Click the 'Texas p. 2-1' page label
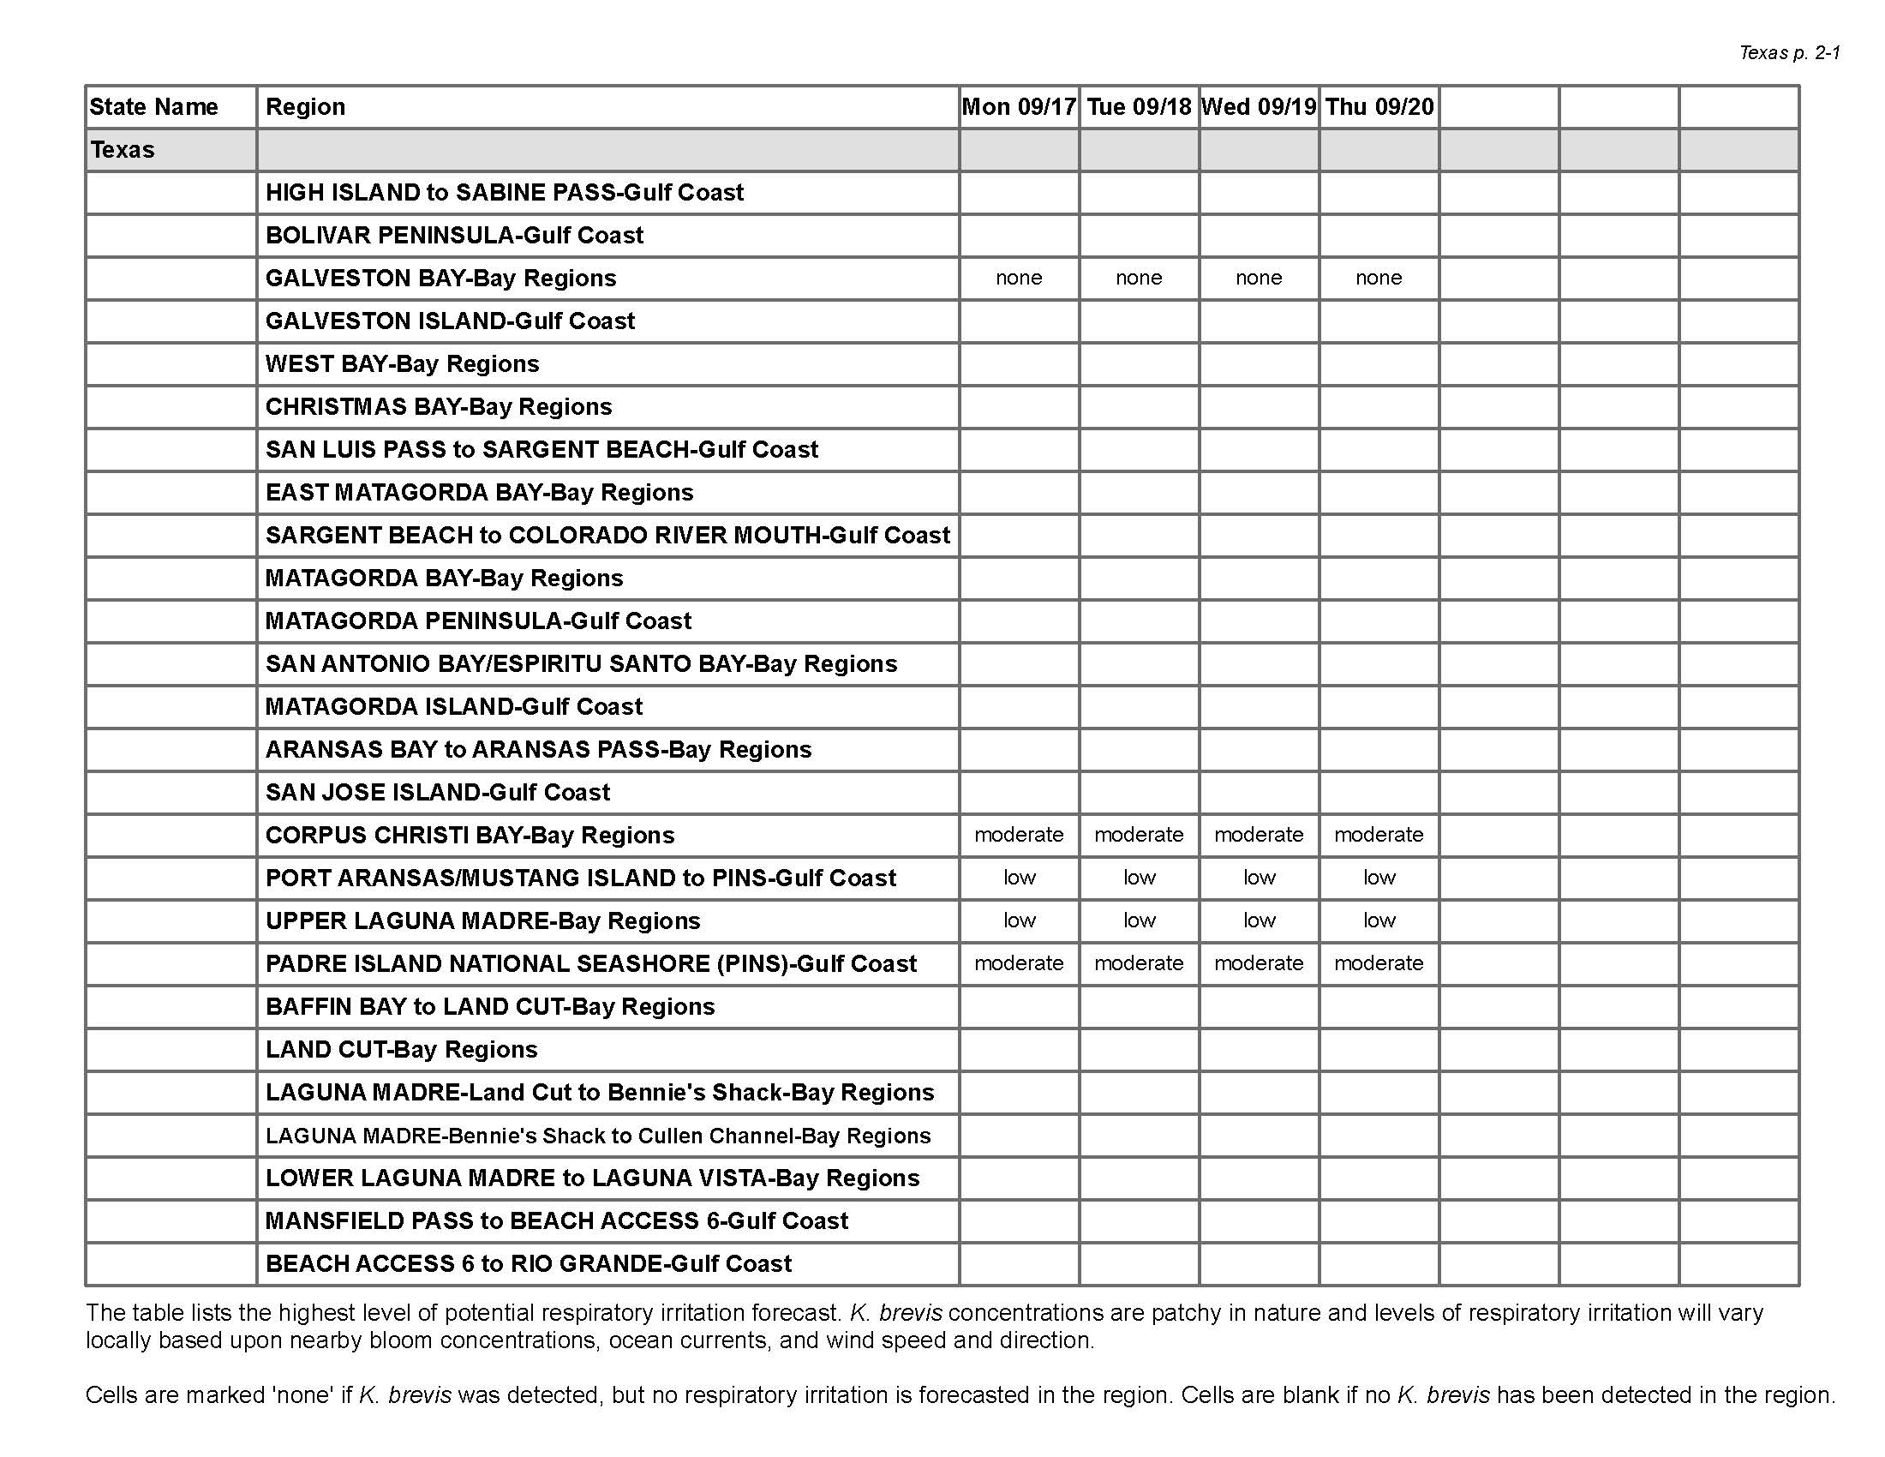(1789, 52)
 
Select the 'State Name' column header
(153, 107)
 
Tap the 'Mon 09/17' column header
(1019, 107)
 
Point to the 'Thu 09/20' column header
(1379, 107)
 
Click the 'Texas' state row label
(123, 150)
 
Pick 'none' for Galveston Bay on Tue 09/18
(1139, 278)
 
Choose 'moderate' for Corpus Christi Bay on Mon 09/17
(1019, 835)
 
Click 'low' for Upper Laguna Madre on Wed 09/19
(1259, 921)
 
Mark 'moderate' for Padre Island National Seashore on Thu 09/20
(1379, 963)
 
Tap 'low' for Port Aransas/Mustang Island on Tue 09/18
(1139, 878)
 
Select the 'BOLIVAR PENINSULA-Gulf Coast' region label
(454, 236)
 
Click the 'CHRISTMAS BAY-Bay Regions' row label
(439, 406)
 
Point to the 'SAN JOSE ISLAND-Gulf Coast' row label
(438, 793)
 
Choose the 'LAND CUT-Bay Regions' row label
(401, 1050)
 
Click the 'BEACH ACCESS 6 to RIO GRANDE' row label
(528, 1263)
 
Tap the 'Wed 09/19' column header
(1259, 107)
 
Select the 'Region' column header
(306, 107)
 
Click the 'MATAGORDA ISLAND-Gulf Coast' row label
(454, 707)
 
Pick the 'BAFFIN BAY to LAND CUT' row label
(490, 1006)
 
